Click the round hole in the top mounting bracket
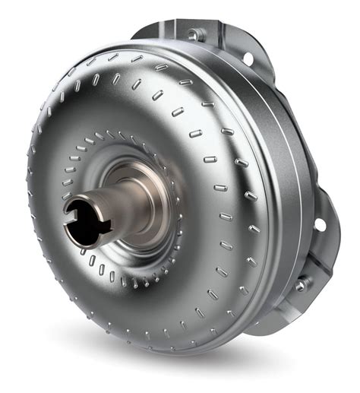pyautogui.click(x=247, y=57)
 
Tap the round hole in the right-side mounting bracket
pyautogui.click(x=319, y=224)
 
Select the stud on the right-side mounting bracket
pyautogui.click(x=302, y=284)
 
